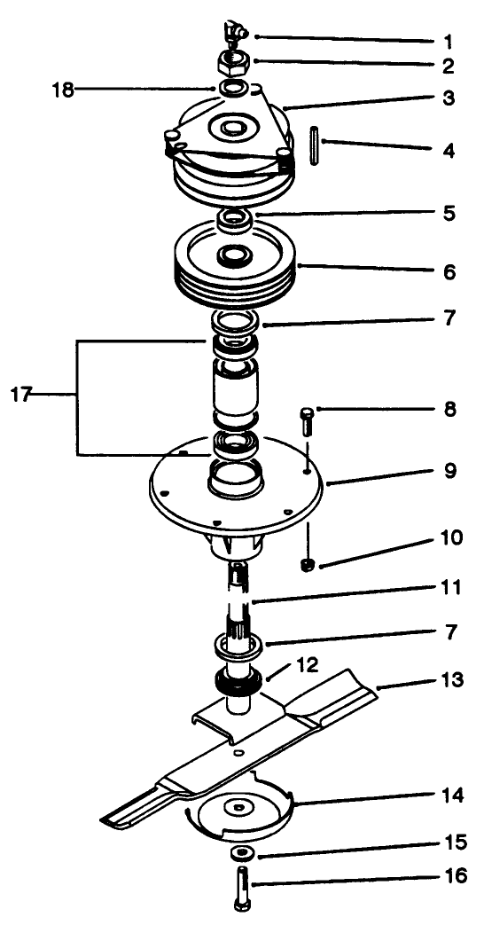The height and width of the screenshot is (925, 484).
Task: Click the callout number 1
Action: point(449,42)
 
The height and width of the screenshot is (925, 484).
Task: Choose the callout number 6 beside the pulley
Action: point(450,272)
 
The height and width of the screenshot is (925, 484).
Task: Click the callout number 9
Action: point(450,471)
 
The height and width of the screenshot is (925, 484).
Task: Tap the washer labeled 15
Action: point(240,853)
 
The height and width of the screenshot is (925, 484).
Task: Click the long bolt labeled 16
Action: point(242,890)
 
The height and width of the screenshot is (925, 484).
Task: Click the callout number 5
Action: point(450,215)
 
